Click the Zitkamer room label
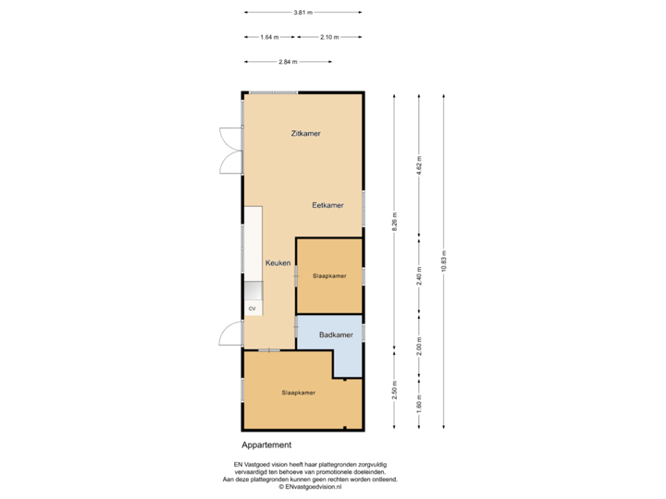tap(305, 134)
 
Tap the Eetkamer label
tap(328, 205)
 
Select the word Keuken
tap(278, 263)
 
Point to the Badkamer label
tap(336, 335)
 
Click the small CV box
tap(251, 308)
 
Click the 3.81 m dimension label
tap(302, 13)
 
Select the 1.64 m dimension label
tap(269, 37)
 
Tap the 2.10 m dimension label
tap(328, 37)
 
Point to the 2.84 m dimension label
tap(289, 62)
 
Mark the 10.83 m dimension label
tap(444, 262)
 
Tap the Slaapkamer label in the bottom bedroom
tap(299, 393)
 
